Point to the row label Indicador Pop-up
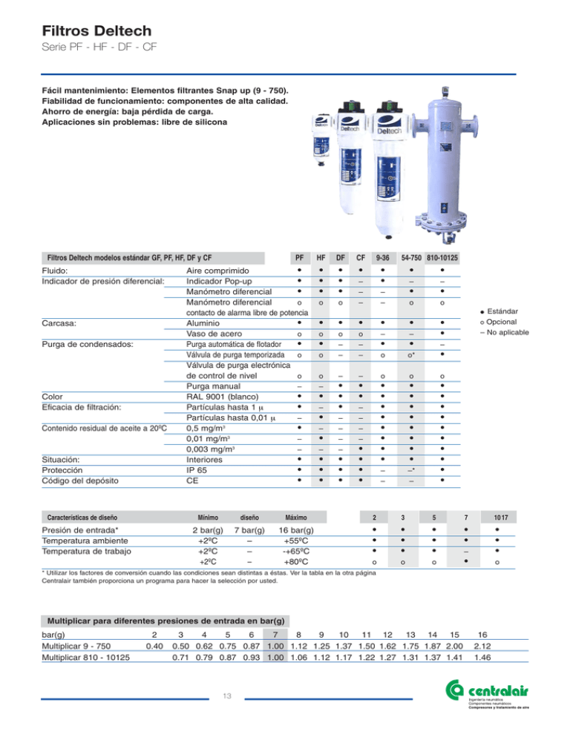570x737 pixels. point(218,282)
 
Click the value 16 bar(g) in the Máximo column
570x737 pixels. point(296,531)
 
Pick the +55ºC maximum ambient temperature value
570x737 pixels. point(296,541)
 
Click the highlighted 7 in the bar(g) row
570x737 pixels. point(276,635)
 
